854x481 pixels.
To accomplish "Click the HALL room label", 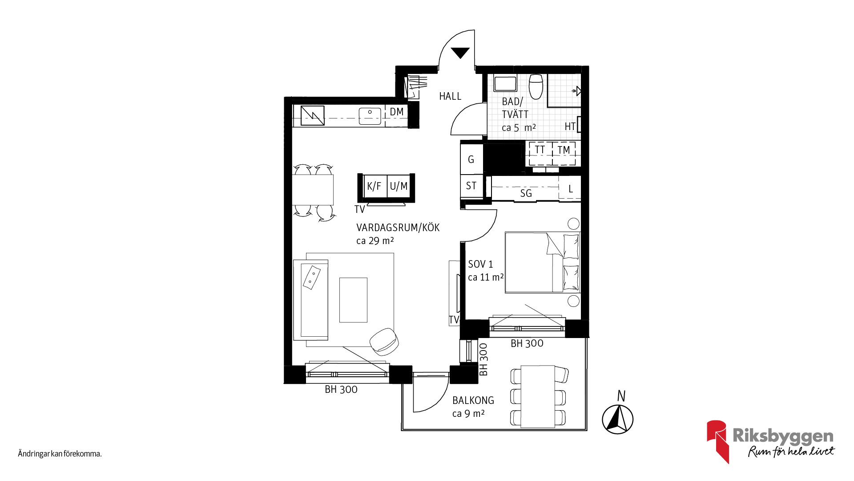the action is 450,96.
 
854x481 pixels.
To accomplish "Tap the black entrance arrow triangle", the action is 460,53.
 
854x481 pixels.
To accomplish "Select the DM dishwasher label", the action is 397,112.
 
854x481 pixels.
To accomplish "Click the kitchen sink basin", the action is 370,116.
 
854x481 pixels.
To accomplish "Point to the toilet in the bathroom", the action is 536,86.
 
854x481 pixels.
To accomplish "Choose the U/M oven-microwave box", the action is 399,186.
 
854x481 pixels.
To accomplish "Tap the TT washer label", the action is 540,150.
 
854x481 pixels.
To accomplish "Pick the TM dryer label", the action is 564,150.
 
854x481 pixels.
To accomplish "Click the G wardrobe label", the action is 471,159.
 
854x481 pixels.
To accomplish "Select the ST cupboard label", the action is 471,186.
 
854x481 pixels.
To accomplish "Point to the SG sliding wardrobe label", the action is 526,193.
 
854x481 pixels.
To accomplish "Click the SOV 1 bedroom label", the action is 480,264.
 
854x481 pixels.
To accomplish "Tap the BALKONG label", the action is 473,400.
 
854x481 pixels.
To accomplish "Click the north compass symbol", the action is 618,419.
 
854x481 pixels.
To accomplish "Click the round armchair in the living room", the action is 384,342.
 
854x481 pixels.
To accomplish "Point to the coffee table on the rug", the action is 353,300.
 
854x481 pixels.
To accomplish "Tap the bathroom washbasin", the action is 505,84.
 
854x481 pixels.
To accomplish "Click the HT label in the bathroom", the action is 570,126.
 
